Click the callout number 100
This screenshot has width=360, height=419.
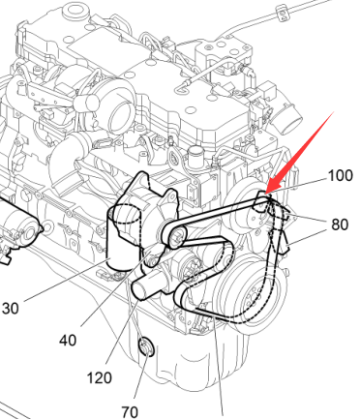point(340,176)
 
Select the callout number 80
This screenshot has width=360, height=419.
point(340,224)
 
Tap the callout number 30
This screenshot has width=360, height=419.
point(11,309)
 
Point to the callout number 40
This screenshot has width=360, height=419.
point(68,341)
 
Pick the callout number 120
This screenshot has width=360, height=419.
point(100,377)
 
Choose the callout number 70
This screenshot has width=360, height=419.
point(130,412)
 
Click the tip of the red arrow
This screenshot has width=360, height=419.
point(265,194)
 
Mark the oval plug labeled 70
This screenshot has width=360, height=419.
point(146,347)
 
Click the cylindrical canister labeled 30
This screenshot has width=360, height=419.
point(124,238)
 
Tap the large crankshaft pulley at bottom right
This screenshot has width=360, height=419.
point(251,292)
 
